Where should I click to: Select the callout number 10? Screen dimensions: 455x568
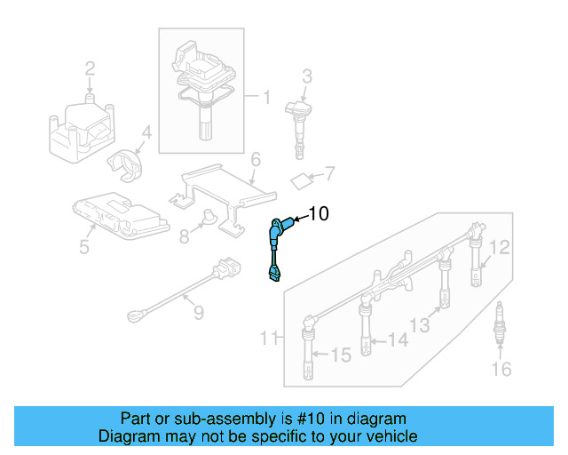tap(319, 213)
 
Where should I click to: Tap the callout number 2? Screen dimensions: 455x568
tap(90, 68)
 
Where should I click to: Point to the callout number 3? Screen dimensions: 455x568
tap(306, 76)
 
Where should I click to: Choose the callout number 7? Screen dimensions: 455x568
tap(328, 172)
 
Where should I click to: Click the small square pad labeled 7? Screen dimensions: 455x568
tap(303, 181)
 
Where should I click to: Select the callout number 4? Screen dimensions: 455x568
tap(146, 134)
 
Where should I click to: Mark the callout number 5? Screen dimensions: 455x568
tap(83, 247)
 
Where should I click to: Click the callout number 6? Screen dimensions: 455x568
tap(255, 160)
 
